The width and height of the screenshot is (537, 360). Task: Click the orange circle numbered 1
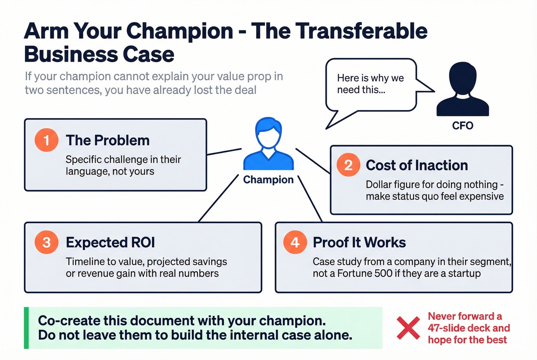click(x=46, y=140)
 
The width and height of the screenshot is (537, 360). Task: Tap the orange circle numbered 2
click(x=348, y=165)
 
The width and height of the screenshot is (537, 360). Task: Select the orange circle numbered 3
click(x=46, y=242)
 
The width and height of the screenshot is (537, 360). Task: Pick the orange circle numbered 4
click(x=295, y=242)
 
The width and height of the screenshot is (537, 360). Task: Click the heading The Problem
click(x=108, y=140)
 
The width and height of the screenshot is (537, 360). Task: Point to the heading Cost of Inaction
click(x=417, y=165)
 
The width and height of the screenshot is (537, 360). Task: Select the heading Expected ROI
click(x=110, y=242)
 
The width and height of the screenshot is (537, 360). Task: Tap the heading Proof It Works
click(x=359, y=242)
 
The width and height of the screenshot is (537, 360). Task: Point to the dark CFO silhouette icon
click(x=463, y=90)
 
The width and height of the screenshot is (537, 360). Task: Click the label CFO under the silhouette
click(x=463, y=126)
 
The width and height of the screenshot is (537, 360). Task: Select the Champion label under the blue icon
click(x=268, y=179)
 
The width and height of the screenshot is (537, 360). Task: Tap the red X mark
click(x=408, y=328)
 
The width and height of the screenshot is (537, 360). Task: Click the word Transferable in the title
click(x=362, y=31)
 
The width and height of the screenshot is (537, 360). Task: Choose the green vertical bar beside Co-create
click(x=26, y=328)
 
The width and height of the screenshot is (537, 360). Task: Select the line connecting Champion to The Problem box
click(x=224, y=152)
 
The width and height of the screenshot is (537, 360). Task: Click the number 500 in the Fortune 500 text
click(x=384, y=273)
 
